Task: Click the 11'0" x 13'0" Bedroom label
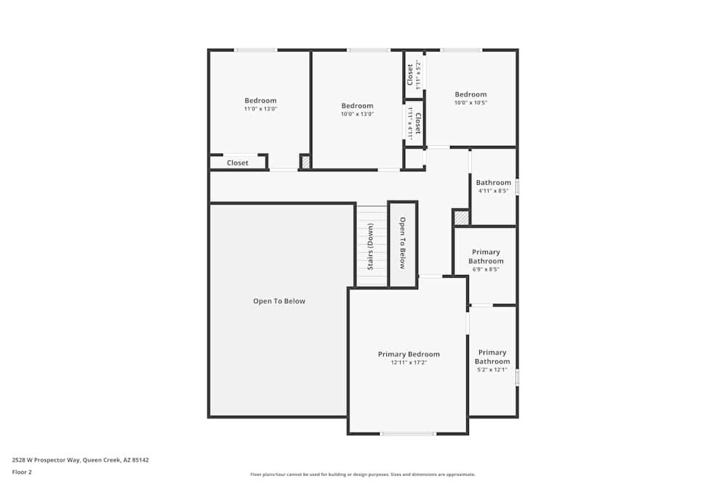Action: tap(260, 100)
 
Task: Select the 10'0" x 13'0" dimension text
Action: tap(357, 114)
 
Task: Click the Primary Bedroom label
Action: tap(409, 354)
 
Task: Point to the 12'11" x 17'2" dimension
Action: tap(409, 362)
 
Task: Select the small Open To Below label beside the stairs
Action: tap(402, 242)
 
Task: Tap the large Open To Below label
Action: tap(279, 301)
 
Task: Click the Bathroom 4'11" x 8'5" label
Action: tap(494, 183)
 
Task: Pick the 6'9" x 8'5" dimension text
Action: tap(486, 269)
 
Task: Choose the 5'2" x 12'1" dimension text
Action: tap(492, 369)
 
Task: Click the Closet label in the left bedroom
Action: tap(237, 163)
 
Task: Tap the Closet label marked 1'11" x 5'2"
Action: tap(410, 74)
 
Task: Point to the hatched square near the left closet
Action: tap(306, 162)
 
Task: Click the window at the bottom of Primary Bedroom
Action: tap(408, 434)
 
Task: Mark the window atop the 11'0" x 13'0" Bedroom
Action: tap(255, 50)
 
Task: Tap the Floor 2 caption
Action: tap(22, 472)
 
